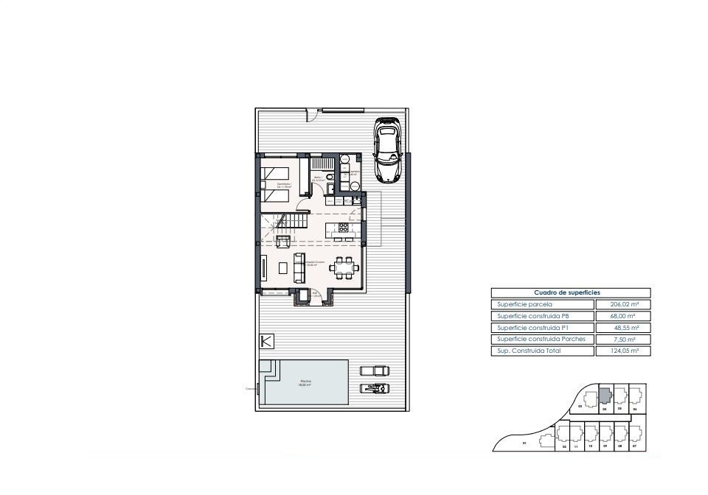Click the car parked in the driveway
pyautogui.click(x=387, y=150)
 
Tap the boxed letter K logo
pyautogui.click(x=267, y=341)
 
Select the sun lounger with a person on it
pyautogui.click(x=374, y=388)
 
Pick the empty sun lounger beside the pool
pyautogui.click(x=374, y=371)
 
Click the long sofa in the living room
pyautogui.click(x=299, y=267)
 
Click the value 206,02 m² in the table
pyautogui.click(x=623, y=304)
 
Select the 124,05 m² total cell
pyautogui.click(x=623, y=351)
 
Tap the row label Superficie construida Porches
pyautogui.click(x=541, y=340)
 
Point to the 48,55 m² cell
pyautogui.click(x=623, y=328)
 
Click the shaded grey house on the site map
pyautogui.click(x=605, y=396)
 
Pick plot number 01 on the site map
pyautogui.click(x=524, y=444)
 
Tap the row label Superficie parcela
pyautogui.click(x=524, y=304)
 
